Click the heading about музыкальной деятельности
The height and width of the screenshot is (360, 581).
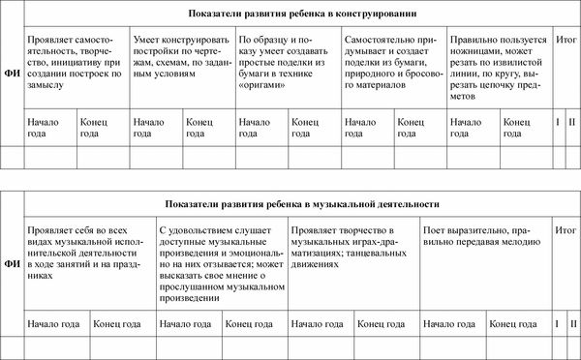(x=303, y=205)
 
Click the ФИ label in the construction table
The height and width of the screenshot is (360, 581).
(x=13, y=70)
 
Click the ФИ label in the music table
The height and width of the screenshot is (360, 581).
(x=13, y=262)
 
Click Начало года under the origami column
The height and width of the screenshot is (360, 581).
(x=255, y=129)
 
